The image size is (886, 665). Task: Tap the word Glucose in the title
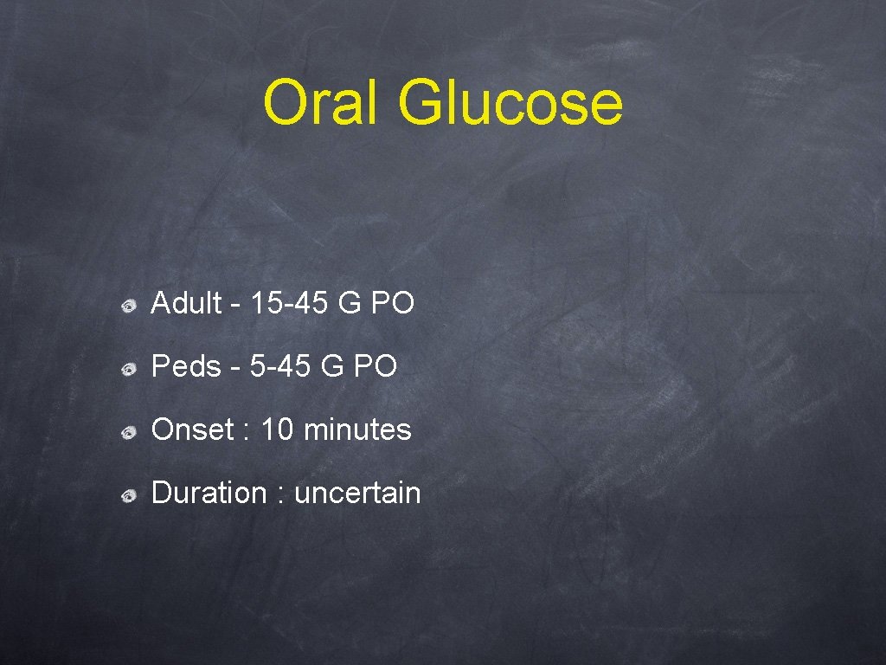tap(510, 102)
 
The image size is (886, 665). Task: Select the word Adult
tap(186, 303)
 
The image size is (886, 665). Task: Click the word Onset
tap(192, 429)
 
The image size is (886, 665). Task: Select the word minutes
tap(357, 429)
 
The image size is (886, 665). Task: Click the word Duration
tap(209, 494)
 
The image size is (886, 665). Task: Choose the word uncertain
tap(357, 494)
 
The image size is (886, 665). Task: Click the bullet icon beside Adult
tap(128, 306)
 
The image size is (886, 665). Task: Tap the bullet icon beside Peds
tap(128, 370)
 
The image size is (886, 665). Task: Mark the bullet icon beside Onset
tap(128, 432)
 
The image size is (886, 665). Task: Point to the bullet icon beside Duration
tap(128, 496)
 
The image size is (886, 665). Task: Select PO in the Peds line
tap(376, 367)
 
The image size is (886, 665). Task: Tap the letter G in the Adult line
tap(353, 303)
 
